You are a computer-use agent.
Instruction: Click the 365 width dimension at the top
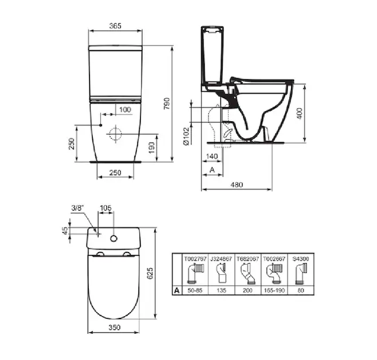pos(115,26)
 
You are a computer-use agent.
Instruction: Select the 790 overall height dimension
pos(167,104)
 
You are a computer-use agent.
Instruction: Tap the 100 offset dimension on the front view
pos(125,110)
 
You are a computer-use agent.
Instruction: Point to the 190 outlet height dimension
pos(151,148)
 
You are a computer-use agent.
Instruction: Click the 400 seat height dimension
pos(300,113)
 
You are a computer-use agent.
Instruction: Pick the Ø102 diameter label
pos(187,136)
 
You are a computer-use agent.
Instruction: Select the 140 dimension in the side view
pos(211,157)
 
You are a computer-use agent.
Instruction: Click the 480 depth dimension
pos(237,185)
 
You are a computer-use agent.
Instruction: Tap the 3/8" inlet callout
pos(77,208)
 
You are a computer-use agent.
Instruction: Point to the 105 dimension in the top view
pos(106,208)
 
